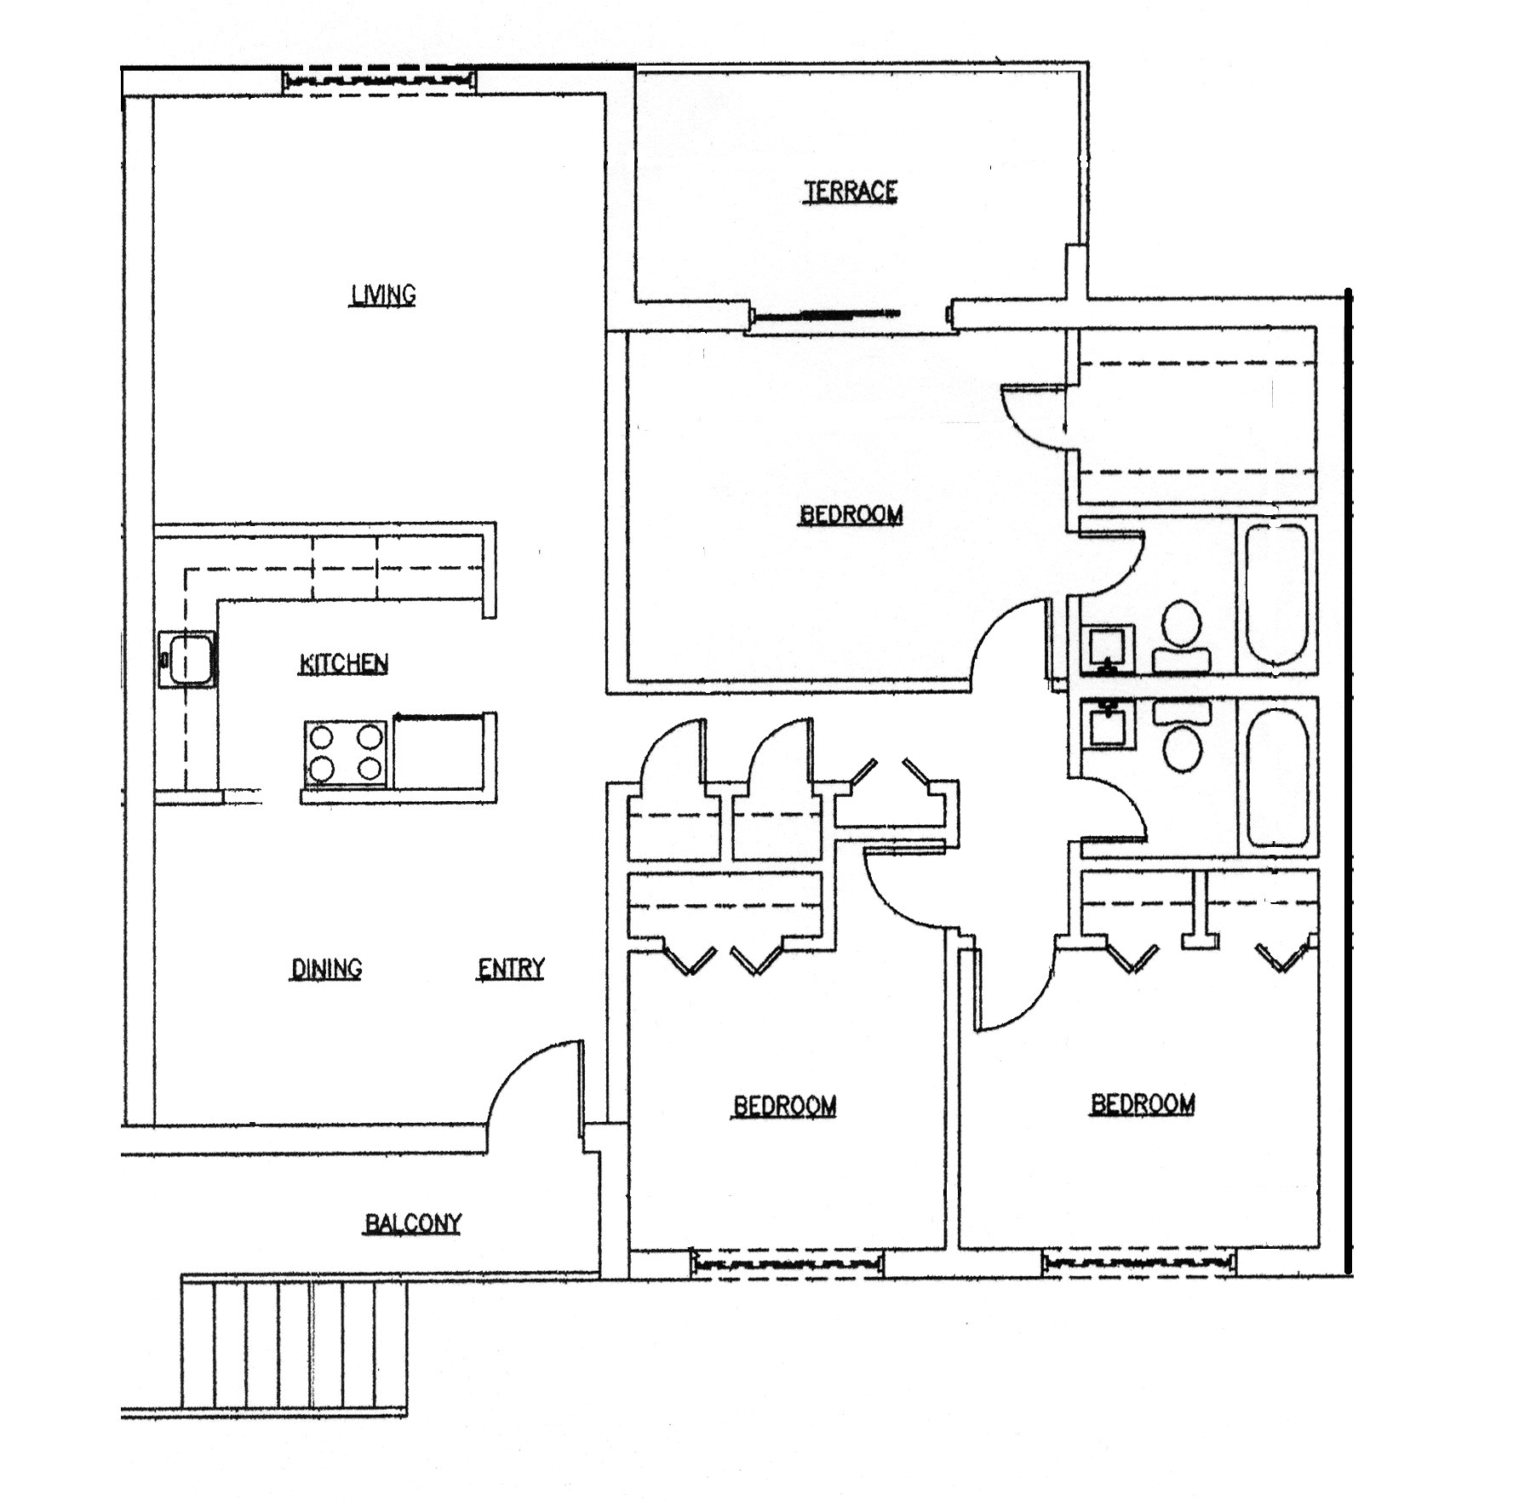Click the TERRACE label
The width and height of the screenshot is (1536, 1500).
[x=851, y=191]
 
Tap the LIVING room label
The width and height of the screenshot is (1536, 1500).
[x=383, y=295]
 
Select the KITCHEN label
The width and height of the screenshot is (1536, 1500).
[x=344, y=663]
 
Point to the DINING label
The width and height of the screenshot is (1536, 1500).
[x=326, y=968]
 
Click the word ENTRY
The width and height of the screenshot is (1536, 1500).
[x=511, y=968]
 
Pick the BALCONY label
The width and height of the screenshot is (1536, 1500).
[x=413, y=1223]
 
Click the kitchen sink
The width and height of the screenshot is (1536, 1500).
[x=189, y=659]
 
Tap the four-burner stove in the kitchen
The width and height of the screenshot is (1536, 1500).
[x=345, y=753]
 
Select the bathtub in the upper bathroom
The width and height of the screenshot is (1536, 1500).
[x=1275, y=594]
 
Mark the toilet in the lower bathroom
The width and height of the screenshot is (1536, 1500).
[x=1182, y=737]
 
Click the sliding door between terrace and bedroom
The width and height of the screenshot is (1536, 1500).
[x=826, y=315]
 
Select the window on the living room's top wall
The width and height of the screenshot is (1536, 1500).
[x=380, y=81]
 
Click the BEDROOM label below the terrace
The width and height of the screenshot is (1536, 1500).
[x=851, y=514]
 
